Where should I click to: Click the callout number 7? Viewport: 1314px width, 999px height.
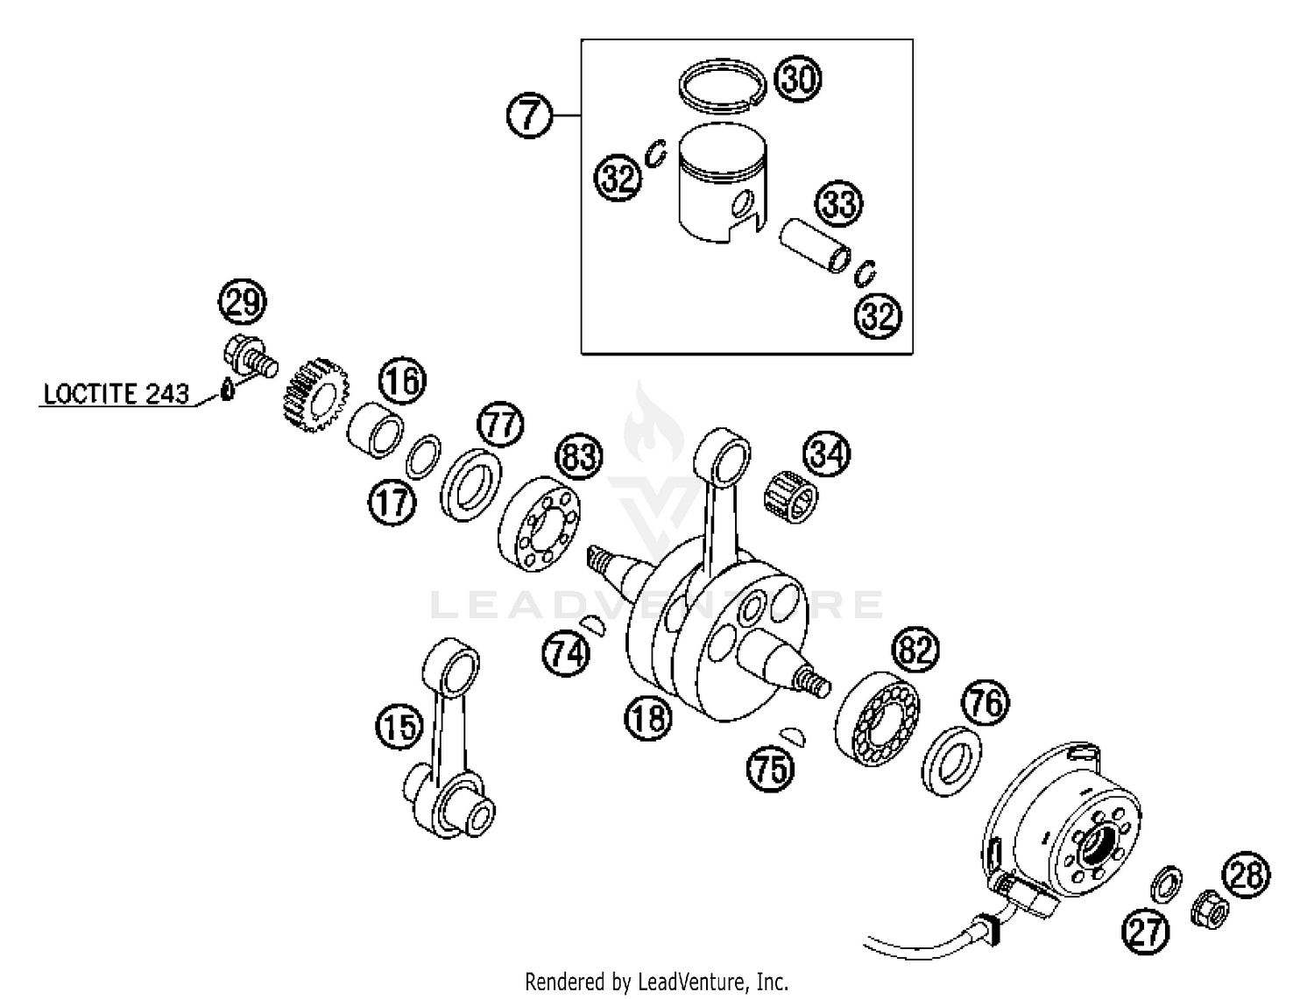point(529,116)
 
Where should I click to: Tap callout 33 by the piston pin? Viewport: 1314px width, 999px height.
point(839,204)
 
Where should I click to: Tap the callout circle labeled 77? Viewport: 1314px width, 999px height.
point(500,425)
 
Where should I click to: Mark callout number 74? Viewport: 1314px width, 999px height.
point(566,652)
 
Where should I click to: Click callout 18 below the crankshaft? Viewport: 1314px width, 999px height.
point(647,718)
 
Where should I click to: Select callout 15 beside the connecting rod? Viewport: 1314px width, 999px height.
point(399,727)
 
